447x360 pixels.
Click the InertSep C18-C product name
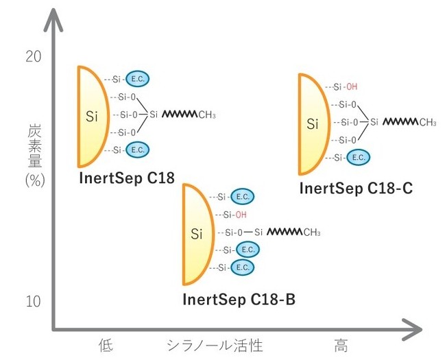(356, 188)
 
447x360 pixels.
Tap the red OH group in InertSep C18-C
(351, 87)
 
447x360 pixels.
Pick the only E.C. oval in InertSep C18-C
(357, 157)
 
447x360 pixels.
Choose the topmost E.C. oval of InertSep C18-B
(242, 197)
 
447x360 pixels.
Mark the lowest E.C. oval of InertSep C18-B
(242, 267)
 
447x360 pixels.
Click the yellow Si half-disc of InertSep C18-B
(196, 234)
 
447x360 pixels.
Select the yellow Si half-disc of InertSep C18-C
(312, 124)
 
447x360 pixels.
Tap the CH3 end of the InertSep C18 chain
(206, 115)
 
